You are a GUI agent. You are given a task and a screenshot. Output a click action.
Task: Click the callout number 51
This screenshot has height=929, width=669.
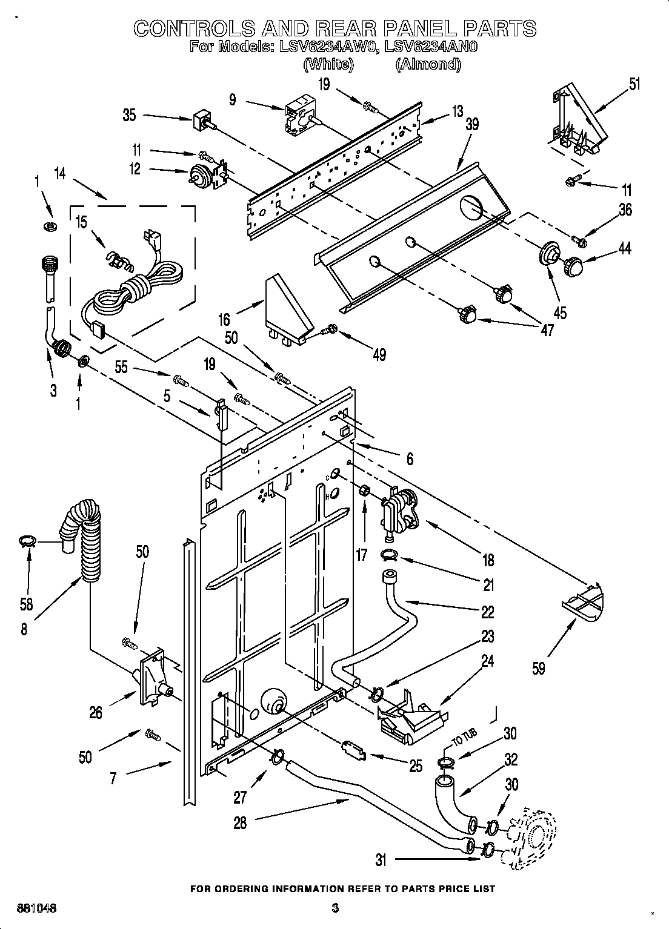click(634, 84)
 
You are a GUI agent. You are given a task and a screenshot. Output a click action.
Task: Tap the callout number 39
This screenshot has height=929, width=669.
click(472, 124)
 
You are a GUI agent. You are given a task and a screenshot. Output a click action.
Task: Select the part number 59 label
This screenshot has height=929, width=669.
click(538, 668)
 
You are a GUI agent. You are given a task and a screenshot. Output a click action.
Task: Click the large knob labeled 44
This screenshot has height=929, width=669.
click(574, 265)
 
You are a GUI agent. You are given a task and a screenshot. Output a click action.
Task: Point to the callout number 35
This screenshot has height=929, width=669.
click(129, 114)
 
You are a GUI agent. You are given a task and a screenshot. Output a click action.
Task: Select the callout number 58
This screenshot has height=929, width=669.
click(25, 603)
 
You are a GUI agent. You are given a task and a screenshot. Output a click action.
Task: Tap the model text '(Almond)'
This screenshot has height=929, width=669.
click(428, 64)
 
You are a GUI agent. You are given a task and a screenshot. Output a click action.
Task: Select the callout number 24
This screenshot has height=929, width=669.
click(487, 661)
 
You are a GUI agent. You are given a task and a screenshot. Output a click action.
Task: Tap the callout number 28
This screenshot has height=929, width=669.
click(240, 823)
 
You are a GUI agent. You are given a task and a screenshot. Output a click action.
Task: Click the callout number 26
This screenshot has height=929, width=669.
click(95, 712)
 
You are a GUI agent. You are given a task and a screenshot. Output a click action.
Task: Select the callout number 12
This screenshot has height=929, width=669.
click(135, 169)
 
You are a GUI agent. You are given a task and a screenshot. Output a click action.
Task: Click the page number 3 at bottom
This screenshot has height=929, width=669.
click(334, 908)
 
